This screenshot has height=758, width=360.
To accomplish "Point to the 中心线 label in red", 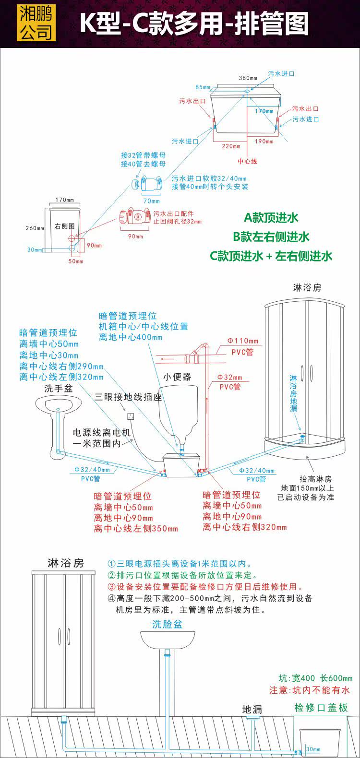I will (248, 161).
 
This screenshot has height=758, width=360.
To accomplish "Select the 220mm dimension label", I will (231, 146).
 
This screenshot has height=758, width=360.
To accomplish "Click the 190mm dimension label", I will (264, 142).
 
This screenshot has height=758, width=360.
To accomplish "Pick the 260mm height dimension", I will (35, 228).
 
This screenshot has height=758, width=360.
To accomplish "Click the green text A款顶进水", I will (271, 218).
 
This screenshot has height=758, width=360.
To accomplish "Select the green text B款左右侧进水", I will (271, 237).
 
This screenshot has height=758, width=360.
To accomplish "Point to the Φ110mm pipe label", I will (243, 341).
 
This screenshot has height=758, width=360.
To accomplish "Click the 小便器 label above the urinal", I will (177, 377).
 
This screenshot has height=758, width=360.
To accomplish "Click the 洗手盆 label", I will (58, 388).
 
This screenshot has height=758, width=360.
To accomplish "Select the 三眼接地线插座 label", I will (128, 397).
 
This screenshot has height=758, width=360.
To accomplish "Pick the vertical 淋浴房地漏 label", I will (293, 393).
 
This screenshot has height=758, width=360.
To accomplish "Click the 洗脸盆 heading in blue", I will (168, 624).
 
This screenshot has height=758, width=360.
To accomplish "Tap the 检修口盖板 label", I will (321, 708).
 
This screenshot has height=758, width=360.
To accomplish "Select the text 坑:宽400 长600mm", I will (315, 678).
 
